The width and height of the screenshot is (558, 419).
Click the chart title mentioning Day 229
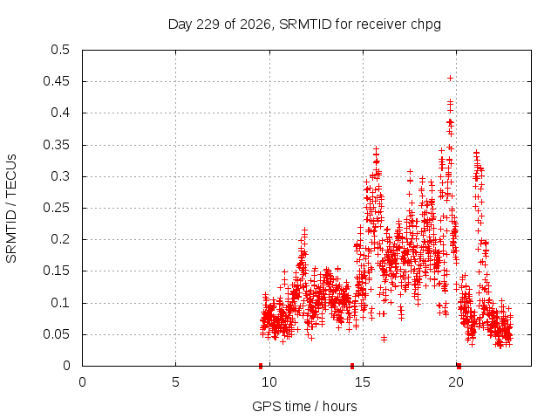point(304,24)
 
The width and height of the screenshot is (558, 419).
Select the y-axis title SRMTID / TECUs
point(11,209)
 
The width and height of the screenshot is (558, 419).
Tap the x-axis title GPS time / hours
point(304,406)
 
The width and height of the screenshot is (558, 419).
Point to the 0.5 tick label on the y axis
point(60,50)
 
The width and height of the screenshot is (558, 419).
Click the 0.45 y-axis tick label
point(56,81)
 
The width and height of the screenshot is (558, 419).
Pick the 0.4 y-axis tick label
point(60,113)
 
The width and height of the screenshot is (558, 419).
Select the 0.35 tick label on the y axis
point(56,145)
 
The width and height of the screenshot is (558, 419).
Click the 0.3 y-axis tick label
point(60,176)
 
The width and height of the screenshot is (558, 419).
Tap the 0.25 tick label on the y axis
point(56,208)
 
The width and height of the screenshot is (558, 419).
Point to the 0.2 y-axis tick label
point(60,239)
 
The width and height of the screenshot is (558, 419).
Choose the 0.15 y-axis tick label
point(56,271)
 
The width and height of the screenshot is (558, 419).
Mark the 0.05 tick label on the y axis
point(56,334)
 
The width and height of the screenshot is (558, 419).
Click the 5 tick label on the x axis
point(175,382)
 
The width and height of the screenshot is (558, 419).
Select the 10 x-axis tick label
point(269,382)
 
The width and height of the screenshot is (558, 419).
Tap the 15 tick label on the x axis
point(363,382)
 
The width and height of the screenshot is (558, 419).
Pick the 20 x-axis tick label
point(456,382)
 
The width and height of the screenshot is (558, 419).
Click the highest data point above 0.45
point(450,78)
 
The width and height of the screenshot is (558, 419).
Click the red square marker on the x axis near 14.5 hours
point(352,366)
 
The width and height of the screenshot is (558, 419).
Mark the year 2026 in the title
point(255,24)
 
